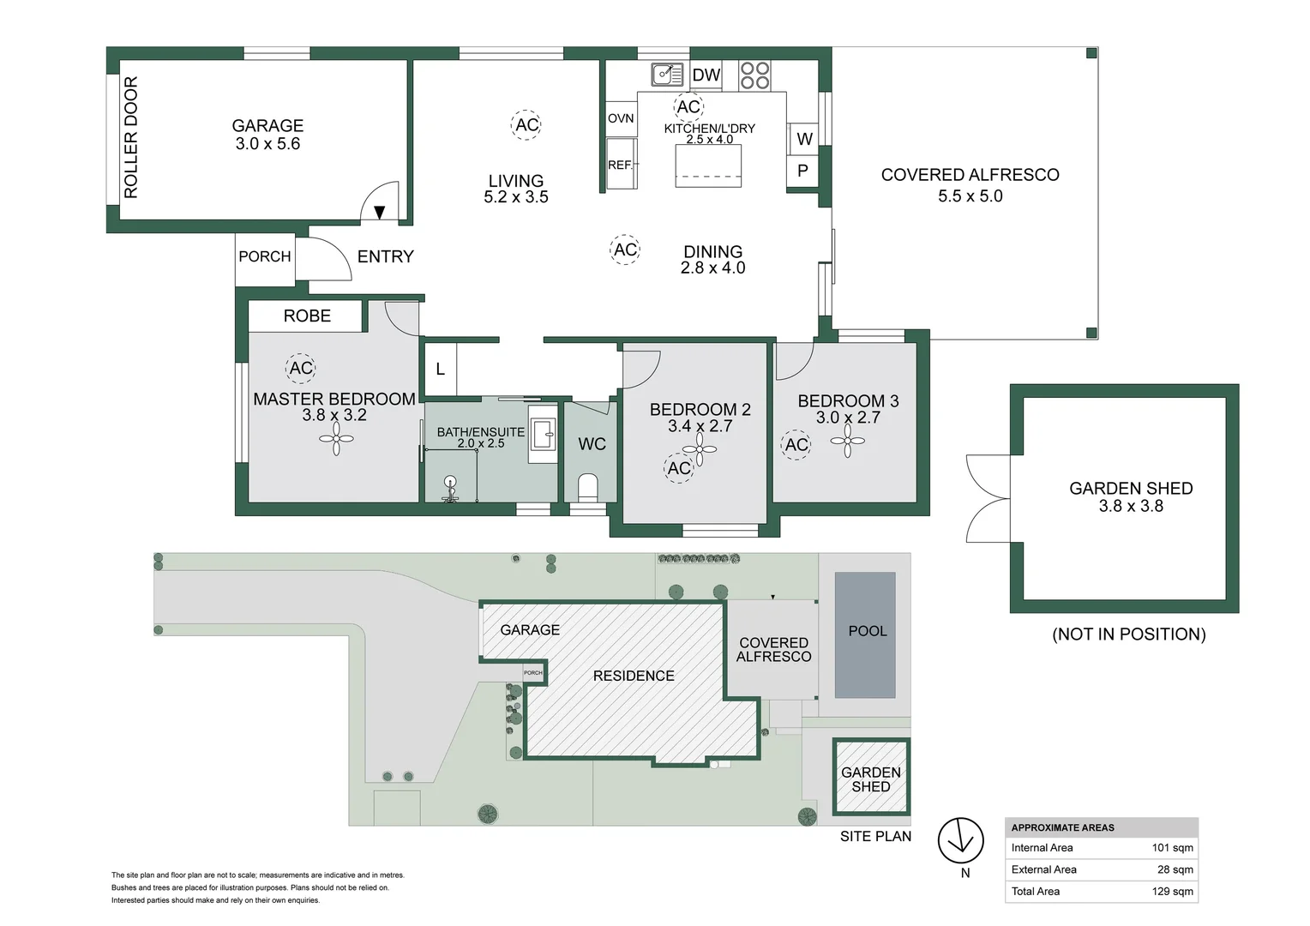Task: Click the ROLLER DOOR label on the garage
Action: point(131,137)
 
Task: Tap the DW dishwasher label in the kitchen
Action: point(706,75)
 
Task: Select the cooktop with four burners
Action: point(754,76)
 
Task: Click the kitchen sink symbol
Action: point(667,75)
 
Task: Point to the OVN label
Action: point(621,118)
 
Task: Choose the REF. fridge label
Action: point(621,165)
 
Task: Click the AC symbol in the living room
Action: point(526,124)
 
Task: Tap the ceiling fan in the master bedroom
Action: point(336,439)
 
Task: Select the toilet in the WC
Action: point(588,487)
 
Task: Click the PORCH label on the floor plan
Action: point(265,256)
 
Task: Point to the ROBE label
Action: point(307,316)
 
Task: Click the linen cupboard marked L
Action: point(441,369)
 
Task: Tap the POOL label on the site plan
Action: point(868,631)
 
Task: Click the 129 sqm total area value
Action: point(1173,892)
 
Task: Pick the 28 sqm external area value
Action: point(1175,870)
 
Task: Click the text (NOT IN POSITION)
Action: point(1129,634)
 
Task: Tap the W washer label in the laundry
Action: point(804,139)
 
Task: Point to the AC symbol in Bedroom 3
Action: point(796,445)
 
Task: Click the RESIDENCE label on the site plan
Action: point(634,676)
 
